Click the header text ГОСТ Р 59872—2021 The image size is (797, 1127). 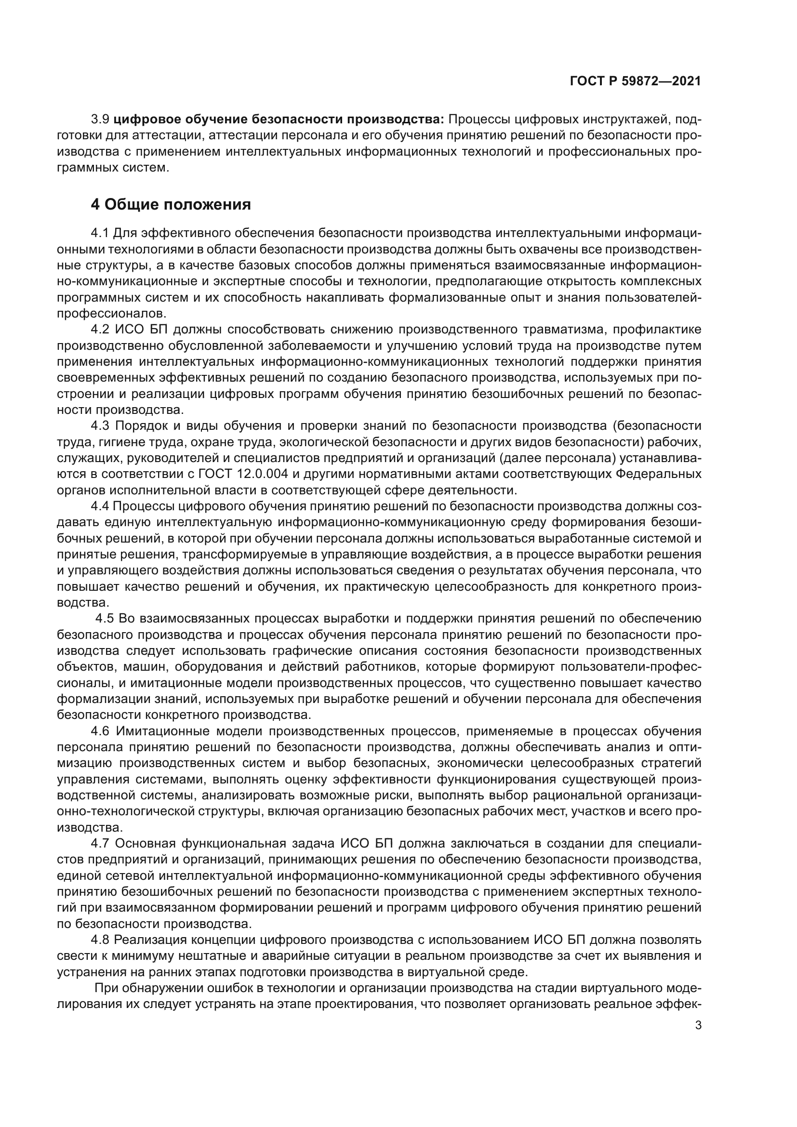click(635, 81)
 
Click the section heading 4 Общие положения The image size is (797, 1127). click(171, 204)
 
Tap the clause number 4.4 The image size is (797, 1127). click(101, 506)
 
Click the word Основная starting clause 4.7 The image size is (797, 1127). click(145, 844)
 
